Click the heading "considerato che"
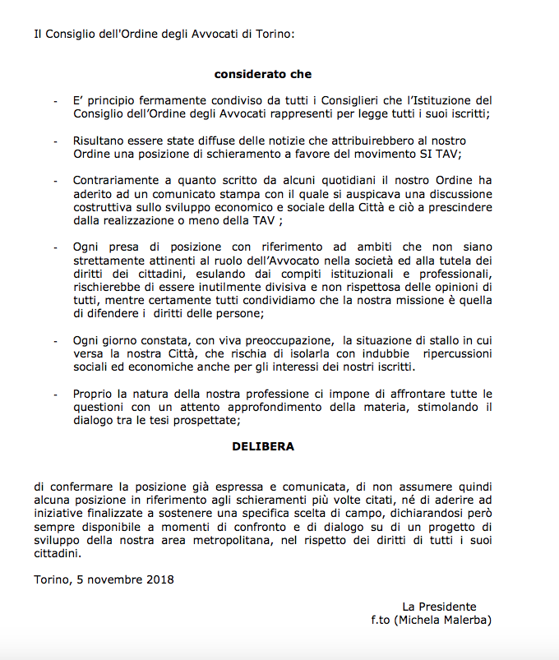(263, 74)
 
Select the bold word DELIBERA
(263, 447)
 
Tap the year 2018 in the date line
(159, 579)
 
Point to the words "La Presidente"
(439, 607)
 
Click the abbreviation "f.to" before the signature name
(385, 620)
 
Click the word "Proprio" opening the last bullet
(94, 394)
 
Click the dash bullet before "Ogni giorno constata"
(55, 340)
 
